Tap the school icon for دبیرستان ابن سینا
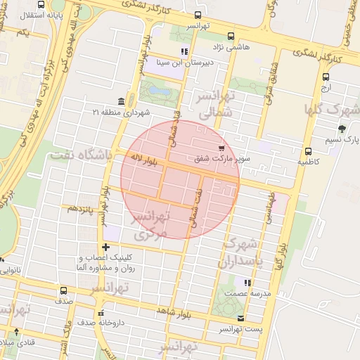tap(185, 51)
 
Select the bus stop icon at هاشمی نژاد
tap(232, 37)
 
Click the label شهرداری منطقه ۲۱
tap(122, 112)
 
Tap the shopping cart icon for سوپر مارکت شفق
tap(221, 148)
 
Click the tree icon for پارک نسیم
tap(342, 129)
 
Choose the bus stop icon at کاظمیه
tap(308, 151)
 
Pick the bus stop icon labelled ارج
tap(326, 78)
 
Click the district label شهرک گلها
tap(331, 110)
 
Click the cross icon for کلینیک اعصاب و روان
tap(105, 247)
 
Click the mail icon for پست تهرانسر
tap(242, 319)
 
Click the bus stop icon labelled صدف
tap(63, 290)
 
